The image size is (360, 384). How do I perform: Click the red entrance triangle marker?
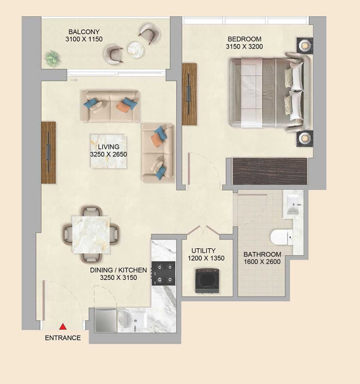(x=63, y=326)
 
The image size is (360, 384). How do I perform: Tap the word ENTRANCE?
(x=63, y=338)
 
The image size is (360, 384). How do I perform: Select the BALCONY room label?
(x=84, y=32)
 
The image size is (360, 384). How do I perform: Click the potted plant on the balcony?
(x=52, y=58)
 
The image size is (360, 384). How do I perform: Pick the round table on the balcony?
(x=135, y=50)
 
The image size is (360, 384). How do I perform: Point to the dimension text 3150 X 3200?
(x=244, y=47)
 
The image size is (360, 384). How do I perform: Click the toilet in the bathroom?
(x=281, y=237)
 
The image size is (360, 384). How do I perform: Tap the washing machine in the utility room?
(x=207, y=280)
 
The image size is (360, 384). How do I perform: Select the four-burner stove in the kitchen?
(x=163, y=274)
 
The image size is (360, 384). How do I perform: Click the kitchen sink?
(x=133, y=320)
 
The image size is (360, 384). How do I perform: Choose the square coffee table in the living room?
(x=109, y=151)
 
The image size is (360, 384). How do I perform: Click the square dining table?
(x=91, y=234)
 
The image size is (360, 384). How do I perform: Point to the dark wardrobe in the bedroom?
(x=269, y=171)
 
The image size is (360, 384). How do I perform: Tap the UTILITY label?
(x=204, y=251)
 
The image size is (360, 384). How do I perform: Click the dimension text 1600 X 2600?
(x=262, y=262)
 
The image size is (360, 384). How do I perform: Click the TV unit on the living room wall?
(x=48, y=153)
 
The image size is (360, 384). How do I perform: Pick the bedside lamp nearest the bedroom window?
(x=305, y=45)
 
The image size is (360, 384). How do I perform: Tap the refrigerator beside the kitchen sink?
(x=106, y=321)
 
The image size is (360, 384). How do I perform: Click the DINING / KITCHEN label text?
(x=119, y=270)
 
